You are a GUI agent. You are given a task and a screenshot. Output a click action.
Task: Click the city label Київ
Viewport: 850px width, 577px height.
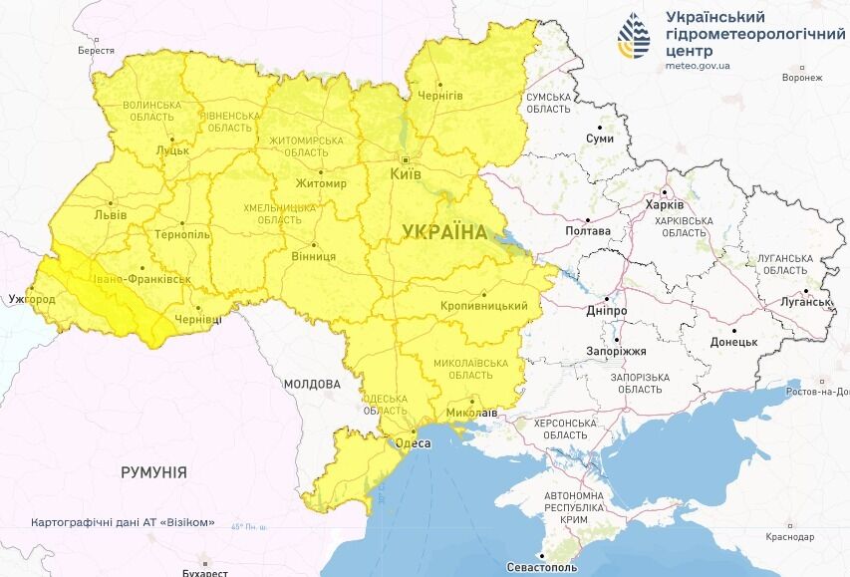tap(405, 174)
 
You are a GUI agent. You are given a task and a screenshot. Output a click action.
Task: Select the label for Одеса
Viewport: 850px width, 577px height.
tap(415, 443)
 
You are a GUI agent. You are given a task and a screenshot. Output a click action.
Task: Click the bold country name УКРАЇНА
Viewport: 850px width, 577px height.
tap(444, 232)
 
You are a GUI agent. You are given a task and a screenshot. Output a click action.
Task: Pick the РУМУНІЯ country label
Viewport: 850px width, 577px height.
tap(153, 471)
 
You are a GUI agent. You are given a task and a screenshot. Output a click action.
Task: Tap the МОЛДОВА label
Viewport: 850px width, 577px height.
tap(312, 384)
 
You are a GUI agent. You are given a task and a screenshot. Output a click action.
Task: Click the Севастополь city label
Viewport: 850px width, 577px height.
tap(542, 567)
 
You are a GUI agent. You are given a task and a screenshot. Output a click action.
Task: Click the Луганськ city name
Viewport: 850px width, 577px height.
tap(806, 302)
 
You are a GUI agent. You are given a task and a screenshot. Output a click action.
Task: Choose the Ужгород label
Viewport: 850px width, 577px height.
tap(32, 298)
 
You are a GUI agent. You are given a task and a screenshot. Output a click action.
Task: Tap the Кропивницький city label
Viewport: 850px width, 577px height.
tap(483, 306)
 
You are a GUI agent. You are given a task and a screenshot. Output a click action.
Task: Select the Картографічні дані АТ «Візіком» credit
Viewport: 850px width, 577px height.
tap(123, 522)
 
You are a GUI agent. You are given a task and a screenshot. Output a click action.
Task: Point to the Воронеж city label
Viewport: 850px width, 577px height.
tap(802, 78)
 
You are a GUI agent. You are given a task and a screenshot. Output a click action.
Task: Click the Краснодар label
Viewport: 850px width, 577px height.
tap(790, 537)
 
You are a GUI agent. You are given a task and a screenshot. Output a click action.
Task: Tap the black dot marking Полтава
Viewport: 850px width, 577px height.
tap(588, 219)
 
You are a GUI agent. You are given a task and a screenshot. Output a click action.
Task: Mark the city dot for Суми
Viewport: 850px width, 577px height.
tap(600, 128)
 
